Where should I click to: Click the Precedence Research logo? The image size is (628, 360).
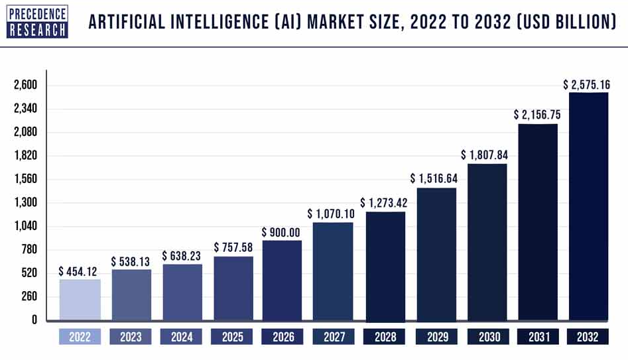click(38, 21)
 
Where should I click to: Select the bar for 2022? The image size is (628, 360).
click(80, 300)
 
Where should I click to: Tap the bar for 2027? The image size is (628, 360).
click(333, 272)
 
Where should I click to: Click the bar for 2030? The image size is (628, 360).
click(487, 243)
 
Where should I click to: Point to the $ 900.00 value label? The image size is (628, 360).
click(282, 233)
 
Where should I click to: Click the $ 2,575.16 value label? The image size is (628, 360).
click(586, 85)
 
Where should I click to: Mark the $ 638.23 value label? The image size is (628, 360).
click(182, 256)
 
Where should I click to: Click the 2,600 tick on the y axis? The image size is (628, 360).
click(25, 86)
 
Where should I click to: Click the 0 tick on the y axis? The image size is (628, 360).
click(34, 320)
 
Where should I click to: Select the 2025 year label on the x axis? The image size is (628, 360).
click(232, 337)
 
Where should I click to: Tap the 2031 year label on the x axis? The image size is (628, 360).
click(538, 337)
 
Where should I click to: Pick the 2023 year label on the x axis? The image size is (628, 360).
click(131, 337)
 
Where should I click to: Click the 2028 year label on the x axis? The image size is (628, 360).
click(385, 337)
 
